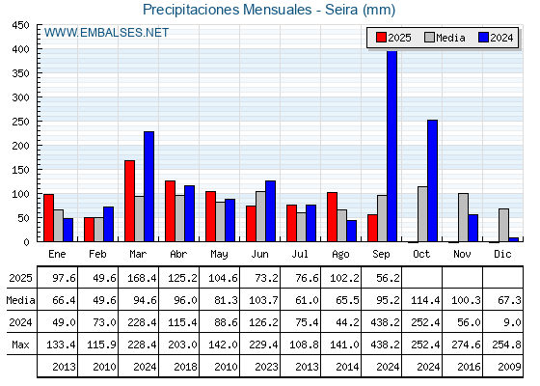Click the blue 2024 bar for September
[x=391, y=146]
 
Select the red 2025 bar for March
[x=130, y=201]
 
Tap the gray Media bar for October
[x=422, y=214]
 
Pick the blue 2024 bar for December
[x=513, y=239]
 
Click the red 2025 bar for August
[x=332, y=217]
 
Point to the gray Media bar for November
[x=463, y=217]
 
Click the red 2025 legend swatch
[x=381, y=38]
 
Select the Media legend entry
[x=445, y=38]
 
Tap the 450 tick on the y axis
[x=20, y=25]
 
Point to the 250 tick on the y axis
[x=20, y=122]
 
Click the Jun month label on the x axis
[x=259, y=254]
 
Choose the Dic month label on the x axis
[x=502, y=254]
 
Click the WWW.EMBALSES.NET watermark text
[x=106, y=33]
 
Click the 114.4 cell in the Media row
[x=425, y=300]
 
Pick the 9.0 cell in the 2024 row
[x=512, y=322]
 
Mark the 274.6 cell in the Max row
[x=466, y=345]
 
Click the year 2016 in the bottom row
[x=469, y=367]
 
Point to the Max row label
[x=20, y=345]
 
